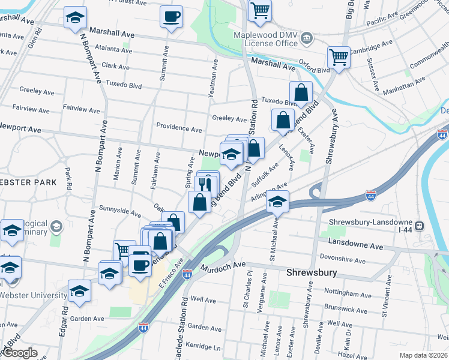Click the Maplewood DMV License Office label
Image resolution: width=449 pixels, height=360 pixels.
pyautogui.click(x=265, y=39)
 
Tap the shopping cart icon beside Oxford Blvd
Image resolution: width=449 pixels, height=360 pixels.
pyautogui.click(x=339, y=58)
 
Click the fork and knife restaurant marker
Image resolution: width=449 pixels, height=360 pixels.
pyautogui.click(x=205, y=184)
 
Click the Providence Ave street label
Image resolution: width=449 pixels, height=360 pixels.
pyautogui.click(x=179, y=128)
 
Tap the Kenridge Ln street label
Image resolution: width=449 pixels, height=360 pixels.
pyautogui.click(x=204, y=347)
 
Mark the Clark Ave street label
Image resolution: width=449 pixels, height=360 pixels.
pyautogui.click(x=116, y=67)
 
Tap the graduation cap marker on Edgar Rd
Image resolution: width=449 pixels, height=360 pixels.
pyautogui.click(x=79, y=291)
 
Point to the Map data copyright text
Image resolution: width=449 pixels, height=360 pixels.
pyautogui.click(x=423, y=355)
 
